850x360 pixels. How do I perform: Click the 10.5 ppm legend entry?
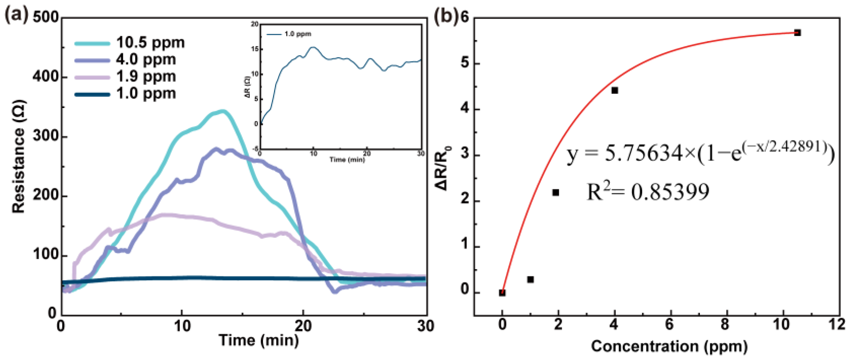tap(130, 43)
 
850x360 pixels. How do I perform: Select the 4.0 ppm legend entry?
tap(125, 60)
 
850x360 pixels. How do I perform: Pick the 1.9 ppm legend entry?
tap(125, 77)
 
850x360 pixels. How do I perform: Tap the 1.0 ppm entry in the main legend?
tap(125, 93)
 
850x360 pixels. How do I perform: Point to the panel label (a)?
tap(17, 15)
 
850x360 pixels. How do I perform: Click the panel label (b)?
tap(445, 16)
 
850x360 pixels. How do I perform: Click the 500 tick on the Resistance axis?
tap(46, 17)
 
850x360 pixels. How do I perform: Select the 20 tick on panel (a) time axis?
tap(303, 326)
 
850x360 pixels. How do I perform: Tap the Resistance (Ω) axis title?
tap(19, 157)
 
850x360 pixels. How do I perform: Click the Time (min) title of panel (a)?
tap(259, 340)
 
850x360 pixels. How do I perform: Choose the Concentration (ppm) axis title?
tap(669, 347)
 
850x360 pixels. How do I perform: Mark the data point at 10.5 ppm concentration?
tap(797, 33)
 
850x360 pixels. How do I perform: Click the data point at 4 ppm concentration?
tap(615, 90)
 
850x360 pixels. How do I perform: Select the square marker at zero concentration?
tap(502, 293)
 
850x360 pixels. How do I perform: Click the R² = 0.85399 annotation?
tap(648, 192)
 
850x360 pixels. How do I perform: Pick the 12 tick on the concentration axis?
tap(837, 325)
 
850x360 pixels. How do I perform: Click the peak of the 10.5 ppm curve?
tap(222, 111)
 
